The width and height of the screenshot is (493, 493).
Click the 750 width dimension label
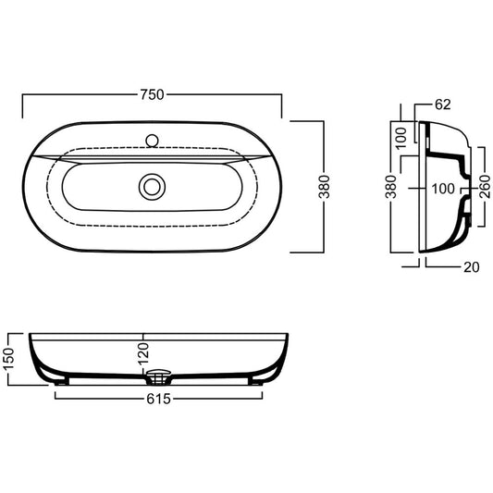pos(153,94)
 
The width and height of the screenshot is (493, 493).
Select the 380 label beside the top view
pos(325,187)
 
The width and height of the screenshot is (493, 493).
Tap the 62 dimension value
pos(443,105)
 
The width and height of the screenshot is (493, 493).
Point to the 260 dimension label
pos(485,187)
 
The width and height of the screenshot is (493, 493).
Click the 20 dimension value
pos(472,267)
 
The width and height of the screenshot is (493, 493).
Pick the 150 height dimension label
pos(9,359)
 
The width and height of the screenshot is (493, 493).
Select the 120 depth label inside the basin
pos(143,353)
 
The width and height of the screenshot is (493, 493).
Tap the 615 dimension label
pos(158,399)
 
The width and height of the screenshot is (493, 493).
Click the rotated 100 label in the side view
pos(401,138)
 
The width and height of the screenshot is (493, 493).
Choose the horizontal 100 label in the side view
pos(443,189)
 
